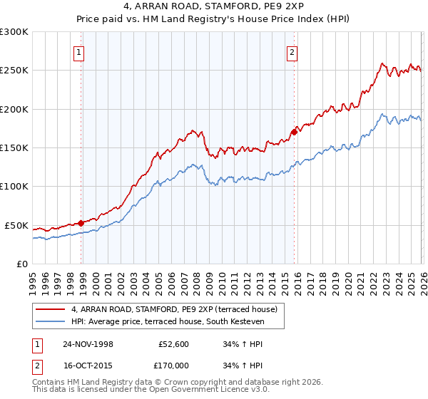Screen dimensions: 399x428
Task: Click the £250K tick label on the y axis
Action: [x=14, y=71]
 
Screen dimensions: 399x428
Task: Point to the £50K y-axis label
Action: [x=17, y=225]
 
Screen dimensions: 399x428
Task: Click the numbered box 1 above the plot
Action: [x=78, y=51]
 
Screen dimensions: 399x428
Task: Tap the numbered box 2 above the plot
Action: [x=292, y=51]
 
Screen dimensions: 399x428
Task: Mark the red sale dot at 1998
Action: [x=81, y=223]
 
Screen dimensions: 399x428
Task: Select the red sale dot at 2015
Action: [x=294, y=132]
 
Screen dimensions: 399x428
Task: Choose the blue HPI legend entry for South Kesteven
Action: [x=168, y=322]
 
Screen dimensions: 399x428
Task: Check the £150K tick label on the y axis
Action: [x=14, y=147]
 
